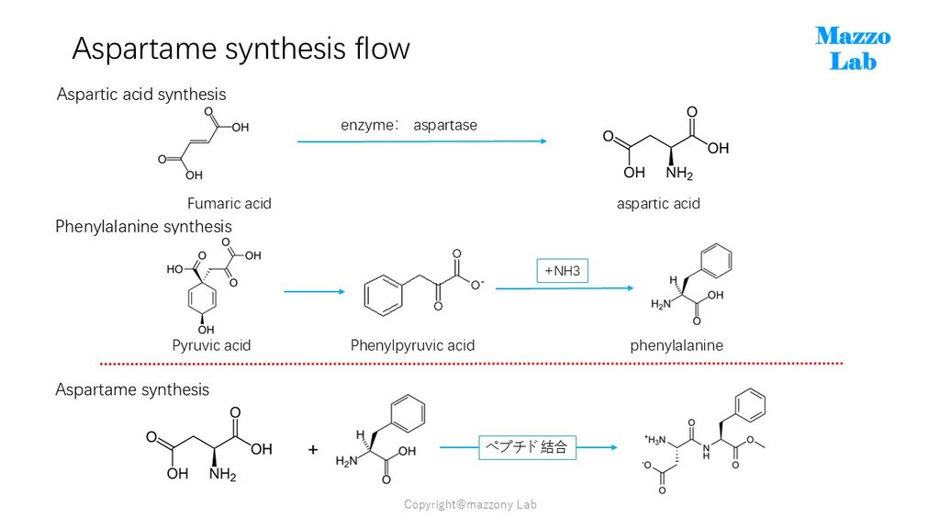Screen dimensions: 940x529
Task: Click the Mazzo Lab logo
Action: point(853,49)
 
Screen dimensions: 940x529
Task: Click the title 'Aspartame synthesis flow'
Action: point(241,49)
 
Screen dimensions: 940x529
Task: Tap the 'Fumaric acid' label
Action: point(229,204)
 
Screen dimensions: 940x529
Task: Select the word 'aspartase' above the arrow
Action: point(445,125)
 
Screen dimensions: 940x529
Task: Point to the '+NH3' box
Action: point(563,271)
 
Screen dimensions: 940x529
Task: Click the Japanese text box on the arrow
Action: point(527,447)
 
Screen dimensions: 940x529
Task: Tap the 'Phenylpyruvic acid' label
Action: point(412,345)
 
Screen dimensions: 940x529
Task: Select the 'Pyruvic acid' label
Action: point(211,345)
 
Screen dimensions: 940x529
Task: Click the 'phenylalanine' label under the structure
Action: point(677,345)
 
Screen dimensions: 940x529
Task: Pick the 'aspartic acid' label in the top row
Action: point(658,204)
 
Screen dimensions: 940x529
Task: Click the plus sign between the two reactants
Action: point(313,449)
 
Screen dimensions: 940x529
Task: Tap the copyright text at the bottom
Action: point(470,504)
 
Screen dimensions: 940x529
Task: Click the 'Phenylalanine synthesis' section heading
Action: point(143,227)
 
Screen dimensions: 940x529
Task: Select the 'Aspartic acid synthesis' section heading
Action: point(140,95)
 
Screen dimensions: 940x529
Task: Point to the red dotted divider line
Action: point(471,364)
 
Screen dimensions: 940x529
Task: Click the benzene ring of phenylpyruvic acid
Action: point(383,295)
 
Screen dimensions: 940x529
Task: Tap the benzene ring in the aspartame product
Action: point(749,405)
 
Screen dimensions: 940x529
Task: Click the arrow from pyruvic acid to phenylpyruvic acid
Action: point(314,291)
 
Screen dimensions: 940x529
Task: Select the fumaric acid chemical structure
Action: point(203,144)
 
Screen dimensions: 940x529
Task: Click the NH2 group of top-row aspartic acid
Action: point(679,174)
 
